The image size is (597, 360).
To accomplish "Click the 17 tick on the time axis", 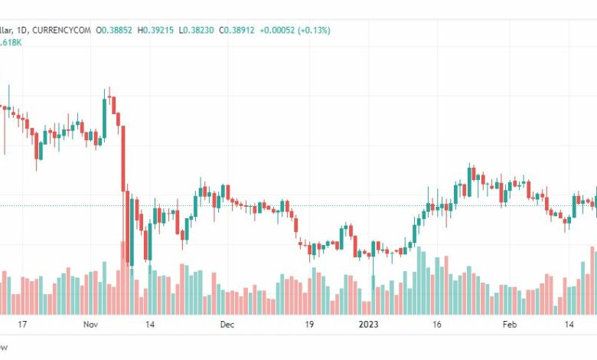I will (22, 325).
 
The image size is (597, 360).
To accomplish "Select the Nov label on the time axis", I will (90, 325).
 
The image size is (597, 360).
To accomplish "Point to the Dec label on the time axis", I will (227, 325).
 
